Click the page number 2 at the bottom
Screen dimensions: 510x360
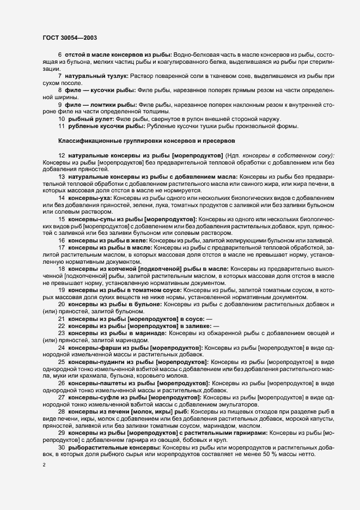(44, 465)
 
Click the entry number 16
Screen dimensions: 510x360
(62, 241)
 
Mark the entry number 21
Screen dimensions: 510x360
(62, 318)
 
